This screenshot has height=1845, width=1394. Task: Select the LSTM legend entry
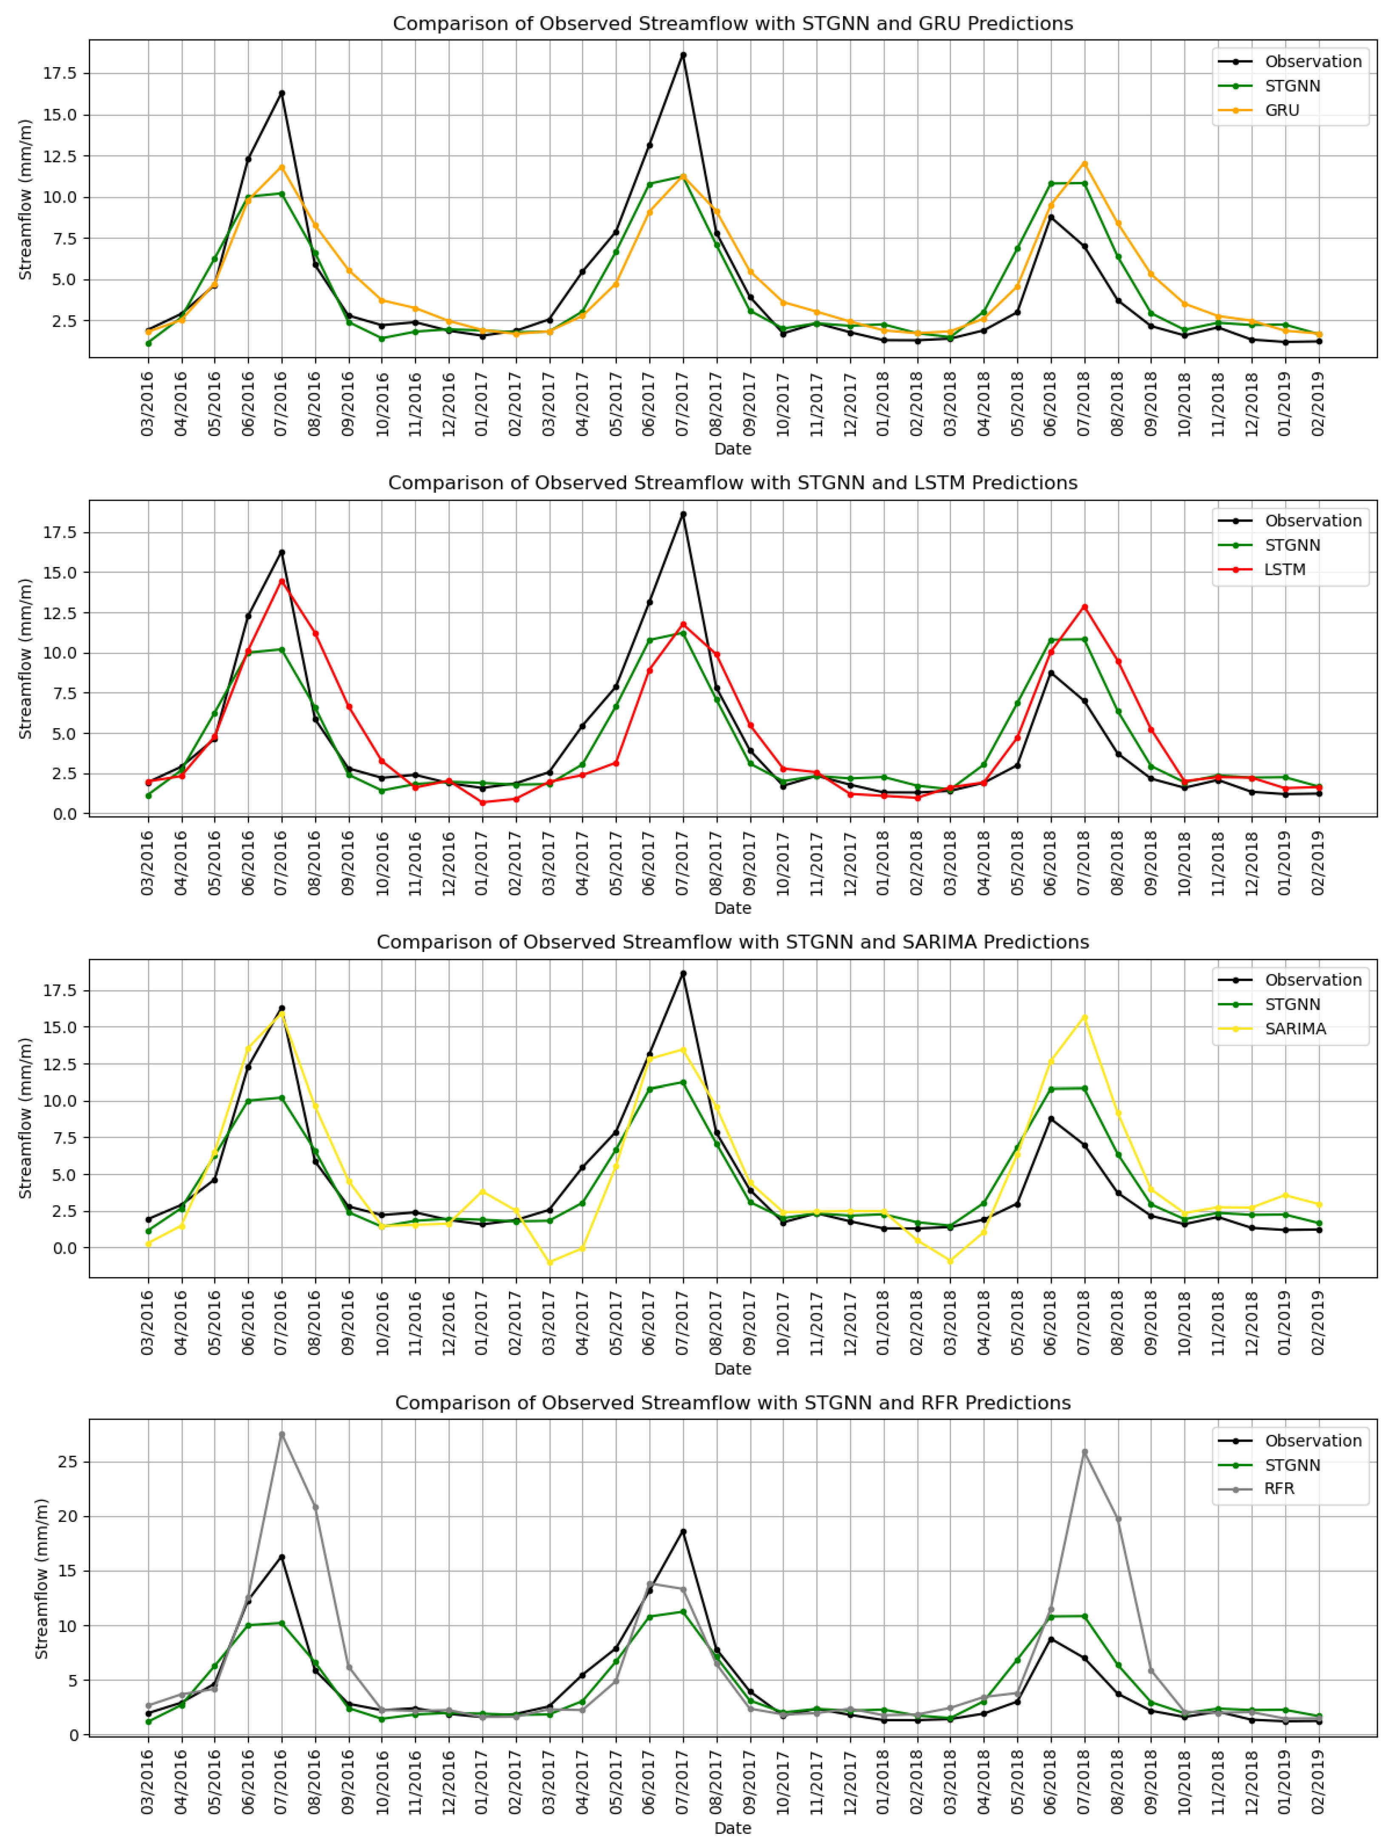(x=1284, y=570)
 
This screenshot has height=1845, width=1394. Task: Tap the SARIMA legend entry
(x=1295, y=1029)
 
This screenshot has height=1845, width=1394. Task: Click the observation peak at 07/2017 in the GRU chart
(x=683, y=55)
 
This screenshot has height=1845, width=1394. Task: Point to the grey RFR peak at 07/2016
(x=282, y=1434)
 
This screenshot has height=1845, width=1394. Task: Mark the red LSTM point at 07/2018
(x=1085, y=607)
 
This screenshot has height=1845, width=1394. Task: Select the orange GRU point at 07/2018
(x=1085, y=164)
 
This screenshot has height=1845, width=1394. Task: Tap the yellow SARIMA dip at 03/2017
(x=549, y=1263)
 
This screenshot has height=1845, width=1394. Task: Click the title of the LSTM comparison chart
(x=732, y=483)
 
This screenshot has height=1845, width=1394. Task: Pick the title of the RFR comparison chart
(x=732, y=1403)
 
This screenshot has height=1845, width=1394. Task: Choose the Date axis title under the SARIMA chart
(x=732, y=1369)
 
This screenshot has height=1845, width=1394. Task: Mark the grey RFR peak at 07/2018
(x=1085, y=1452)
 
